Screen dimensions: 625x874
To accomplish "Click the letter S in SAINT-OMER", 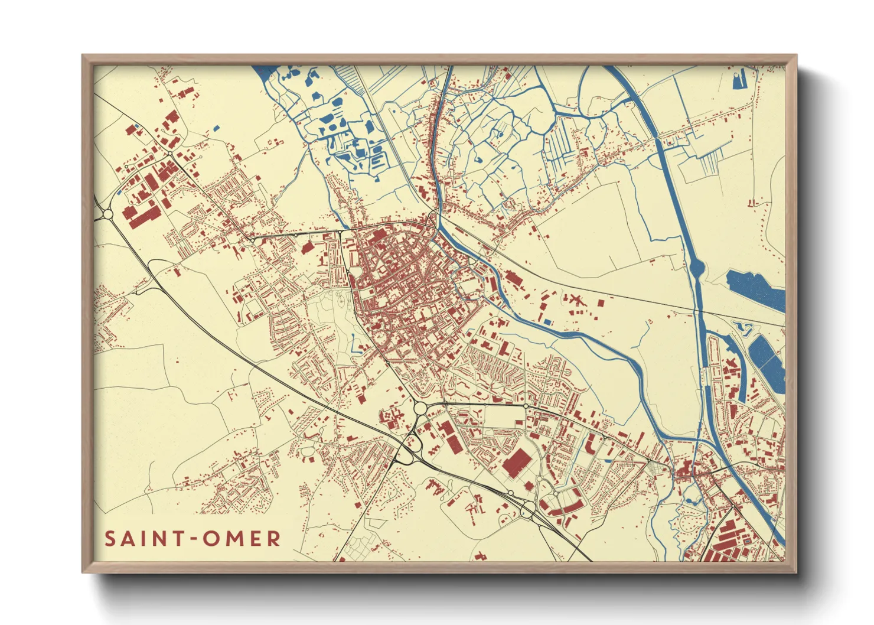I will [110, 539].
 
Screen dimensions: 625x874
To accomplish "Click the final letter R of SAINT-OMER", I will [273, 539].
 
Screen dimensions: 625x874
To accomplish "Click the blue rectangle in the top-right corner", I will [739, 79].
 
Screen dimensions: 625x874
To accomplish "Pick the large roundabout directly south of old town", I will [420, 408].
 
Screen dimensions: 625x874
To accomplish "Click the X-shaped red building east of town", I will [573, 300].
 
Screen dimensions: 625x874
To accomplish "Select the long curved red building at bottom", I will [561, 507].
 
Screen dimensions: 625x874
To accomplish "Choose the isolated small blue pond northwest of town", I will [216, 128].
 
